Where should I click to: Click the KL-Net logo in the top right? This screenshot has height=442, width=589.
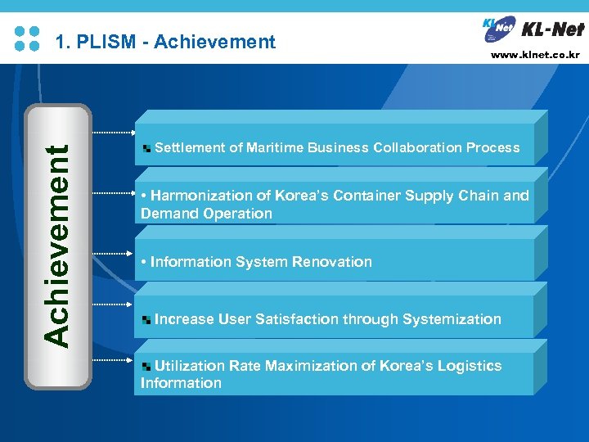[533, 29]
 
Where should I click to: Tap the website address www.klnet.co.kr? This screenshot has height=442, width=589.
[535, 56]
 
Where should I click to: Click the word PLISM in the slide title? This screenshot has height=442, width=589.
[106, 42]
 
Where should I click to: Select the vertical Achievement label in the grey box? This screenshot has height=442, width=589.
[57, 245]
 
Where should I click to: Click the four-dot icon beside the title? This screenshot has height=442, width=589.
[27, 38]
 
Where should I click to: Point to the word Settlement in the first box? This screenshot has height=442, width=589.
[190, 148]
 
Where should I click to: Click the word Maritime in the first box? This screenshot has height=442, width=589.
[276, 148]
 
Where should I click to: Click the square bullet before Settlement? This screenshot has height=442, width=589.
[146, 149]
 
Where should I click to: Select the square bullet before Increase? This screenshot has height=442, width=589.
[146, 320]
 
